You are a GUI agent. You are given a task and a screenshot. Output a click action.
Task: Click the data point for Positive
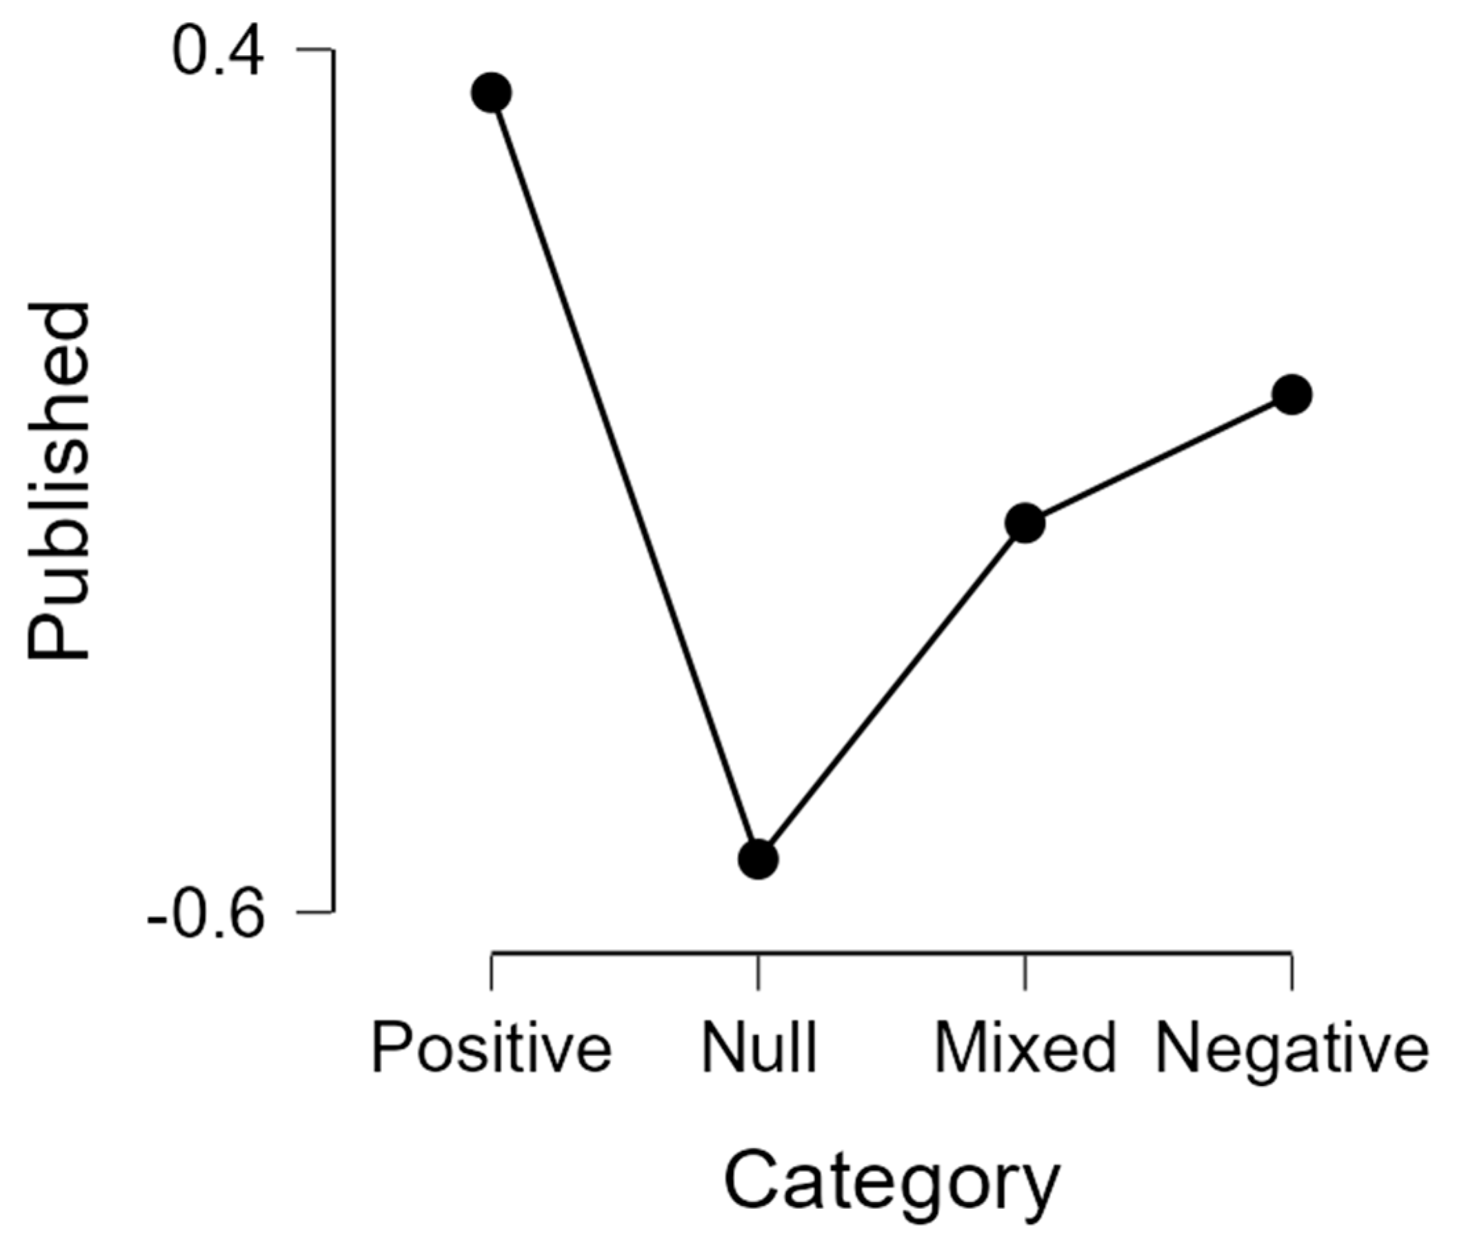[x=491, y=92]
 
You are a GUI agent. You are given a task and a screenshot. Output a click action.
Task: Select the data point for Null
[x=758, y=859]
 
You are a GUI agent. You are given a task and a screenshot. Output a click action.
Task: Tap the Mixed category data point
[x=1025, y=523]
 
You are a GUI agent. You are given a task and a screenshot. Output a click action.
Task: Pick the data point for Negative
[x=1292, y=394]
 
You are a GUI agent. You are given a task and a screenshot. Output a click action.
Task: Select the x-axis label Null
[x=759, y=1049]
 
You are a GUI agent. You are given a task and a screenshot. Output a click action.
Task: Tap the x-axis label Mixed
[x=1025, y=1049]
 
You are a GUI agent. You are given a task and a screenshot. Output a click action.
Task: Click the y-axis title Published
[x=59, y=483]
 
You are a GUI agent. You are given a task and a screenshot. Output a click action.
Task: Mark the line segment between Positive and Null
[x=625, y=475]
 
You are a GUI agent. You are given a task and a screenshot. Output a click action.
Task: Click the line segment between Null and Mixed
[x=892, y=690]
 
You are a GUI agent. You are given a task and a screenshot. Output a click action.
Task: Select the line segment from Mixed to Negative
[x=1159, y=459]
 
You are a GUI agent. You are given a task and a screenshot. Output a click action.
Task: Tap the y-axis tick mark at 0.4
[x=315, y=50]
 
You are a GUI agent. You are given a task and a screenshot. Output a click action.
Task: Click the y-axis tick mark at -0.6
[x=315, y=913]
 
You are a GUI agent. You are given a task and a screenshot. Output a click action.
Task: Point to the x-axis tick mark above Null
[x=758, y=971]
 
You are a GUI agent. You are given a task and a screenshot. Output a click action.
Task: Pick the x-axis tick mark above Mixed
[x=1025, y=971]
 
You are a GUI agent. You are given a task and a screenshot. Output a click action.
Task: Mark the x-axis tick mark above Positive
[x=492, y=971]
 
